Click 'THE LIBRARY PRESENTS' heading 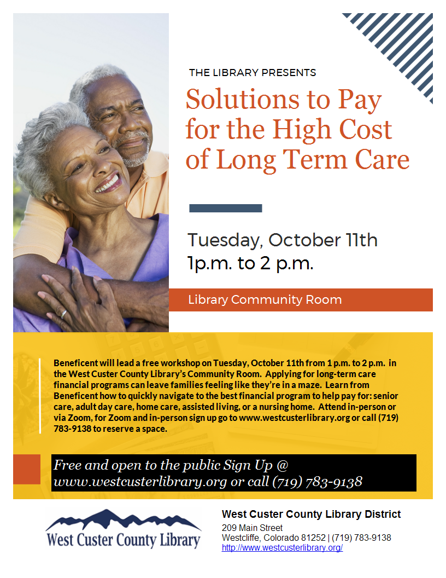(253, 73)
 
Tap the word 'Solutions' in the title (242, 100)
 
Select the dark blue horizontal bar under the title (226, 209)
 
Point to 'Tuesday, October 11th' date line (283, 240)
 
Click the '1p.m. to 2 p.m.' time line (250, 263)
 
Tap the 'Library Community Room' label (265, 300)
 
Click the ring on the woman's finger (63, 314)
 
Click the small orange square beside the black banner (26, 469)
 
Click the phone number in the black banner (317, 482)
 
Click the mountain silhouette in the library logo (124, 520)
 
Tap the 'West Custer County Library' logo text (124, 540)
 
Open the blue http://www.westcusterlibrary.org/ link (282, 548)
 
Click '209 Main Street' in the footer (252, 528)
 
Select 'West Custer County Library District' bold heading (312, 514)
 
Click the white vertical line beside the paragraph (40, 396)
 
